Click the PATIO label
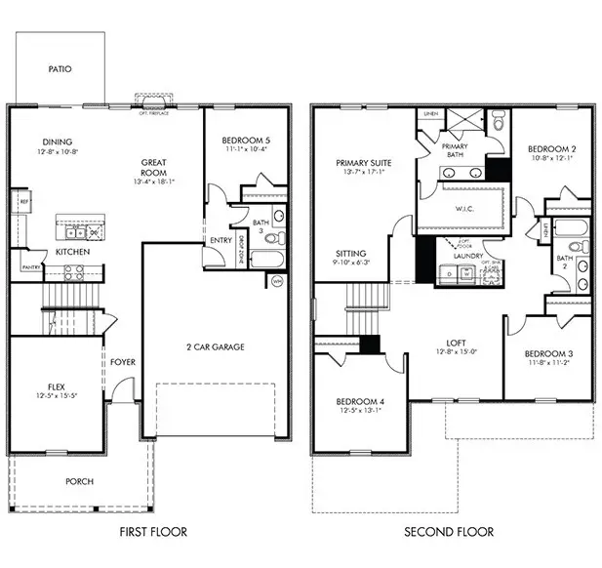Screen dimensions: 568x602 click(60, 69)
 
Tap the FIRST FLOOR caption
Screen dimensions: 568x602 click(152, 532)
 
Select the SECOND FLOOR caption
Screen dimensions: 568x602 click(450, 532)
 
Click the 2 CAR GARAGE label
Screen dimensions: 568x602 click(215, 346)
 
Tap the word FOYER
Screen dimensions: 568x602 click(122, 363)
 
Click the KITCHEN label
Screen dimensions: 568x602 click(72, 252)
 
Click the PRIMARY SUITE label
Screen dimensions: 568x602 click(363, 163)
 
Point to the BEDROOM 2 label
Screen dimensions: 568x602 click(549, 149)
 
